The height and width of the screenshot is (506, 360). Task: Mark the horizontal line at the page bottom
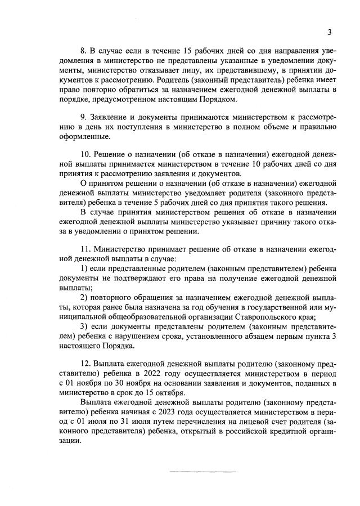point(203,471)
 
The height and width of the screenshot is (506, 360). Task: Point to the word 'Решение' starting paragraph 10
point(110,154)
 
